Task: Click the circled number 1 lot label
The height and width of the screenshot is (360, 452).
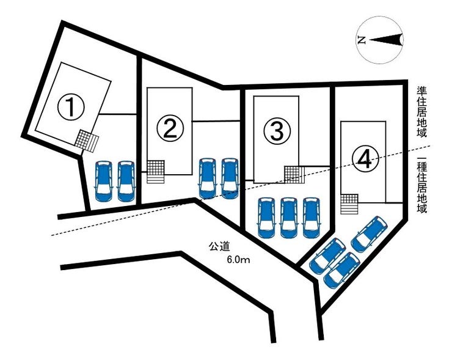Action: pyautogui.click(x=71, y=108)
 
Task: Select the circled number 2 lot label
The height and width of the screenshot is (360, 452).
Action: pyautogui.click(x=170, y=128)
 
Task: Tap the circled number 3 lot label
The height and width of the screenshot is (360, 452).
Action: pyautogui.click(x=277, y=131)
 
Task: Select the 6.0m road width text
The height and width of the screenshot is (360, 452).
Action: pyautogui.click(x=238, y=260)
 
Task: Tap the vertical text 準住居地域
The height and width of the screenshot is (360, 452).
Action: pyautogui.click(x=421, y=112)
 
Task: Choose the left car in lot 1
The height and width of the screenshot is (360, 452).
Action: pyautogui.click(x=104, y=181)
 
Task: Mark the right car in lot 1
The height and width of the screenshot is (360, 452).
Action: pyautogui.click(x=126, y=181)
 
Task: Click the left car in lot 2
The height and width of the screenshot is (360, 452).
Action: pyautogui.click(x=207, y=178)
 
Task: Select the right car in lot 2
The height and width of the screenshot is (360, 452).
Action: pyautogui.click(x=230, y=178)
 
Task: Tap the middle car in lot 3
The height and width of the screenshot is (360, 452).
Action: pyautogui.click(x=289, y=218)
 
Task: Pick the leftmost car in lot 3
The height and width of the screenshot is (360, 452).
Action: pyautogui.click(x=266, y=218)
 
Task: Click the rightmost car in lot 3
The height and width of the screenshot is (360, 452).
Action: pyautogui.click(x=311, y=218)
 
